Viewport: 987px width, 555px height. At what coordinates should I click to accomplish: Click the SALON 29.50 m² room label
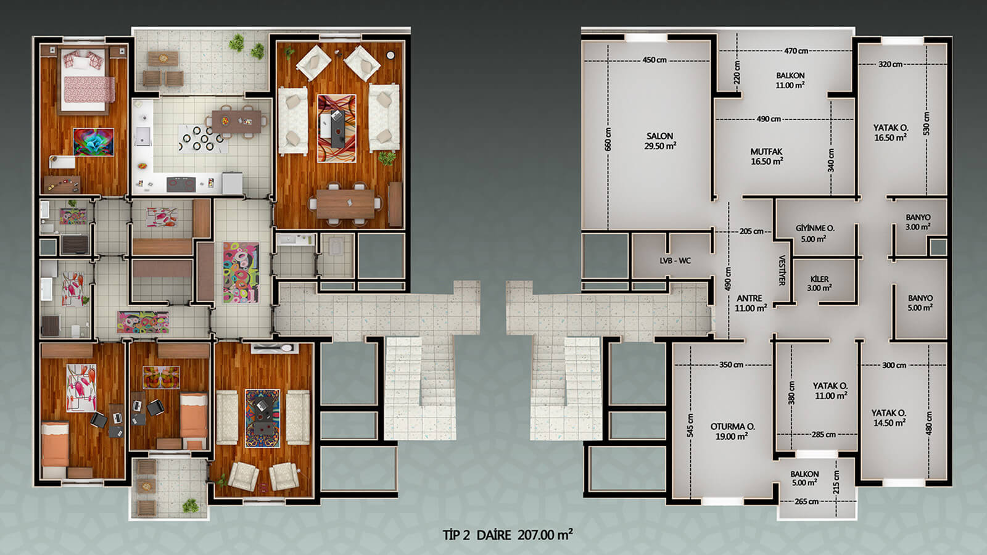pyautogui.click(x=659, y=141)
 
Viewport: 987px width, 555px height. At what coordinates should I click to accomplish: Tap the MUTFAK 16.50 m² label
pyautogui.click(x=767, y=157)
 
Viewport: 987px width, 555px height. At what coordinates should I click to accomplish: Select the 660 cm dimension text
pyautogui.click(x=608, y=139)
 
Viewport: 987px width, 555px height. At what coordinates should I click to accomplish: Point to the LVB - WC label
pyautogui.click(x=675, y=261)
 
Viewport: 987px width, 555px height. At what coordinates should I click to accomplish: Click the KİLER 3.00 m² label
pyautogui.click(x=820, y=283)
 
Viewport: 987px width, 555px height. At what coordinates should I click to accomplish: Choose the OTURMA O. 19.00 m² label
pyautogui.click(x=732, y=431)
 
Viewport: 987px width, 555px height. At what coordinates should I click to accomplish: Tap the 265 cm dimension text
pyautogui.click(x=806, y=501)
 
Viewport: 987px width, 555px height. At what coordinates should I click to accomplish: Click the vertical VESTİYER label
pyautogui.click(x=782, y=270)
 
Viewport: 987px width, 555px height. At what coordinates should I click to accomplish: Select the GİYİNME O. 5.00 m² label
pyautogui.click(x=815, y=234)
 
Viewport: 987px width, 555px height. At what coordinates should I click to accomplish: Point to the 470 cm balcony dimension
pyautogui.click(x=796, y=51)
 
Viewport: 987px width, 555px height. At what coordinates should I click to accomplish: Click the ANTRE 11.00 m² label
pyautogui.click(x=750, y=303)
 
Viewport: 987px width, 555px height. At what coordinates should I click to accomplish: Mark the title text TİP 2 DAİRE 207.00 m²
pyautogui.click(x=508, y=535)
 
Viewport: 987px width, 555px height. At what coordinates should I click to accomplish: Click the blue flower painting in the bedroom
pyautogui.click(x=93, y=142)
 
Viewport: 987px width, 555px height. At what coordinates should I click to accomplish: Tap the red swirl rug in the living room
pyautogui.click(x=337, y=128)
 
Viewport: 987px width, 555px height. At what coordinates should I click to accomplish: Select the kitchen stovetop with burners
pyautogui.click(x=181, y=184)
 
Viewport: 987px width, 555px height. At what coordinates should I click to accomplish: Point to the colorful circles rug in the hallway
pyautogui.click(x=241, y=272)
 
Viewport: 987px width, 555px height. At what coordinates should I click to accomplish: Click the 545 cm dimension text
pyautogui.click(x=690, y=425)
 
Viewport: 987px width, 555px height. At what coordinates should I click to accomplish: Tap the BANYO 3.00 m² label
pyautogui.click(x=919, y=222)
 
